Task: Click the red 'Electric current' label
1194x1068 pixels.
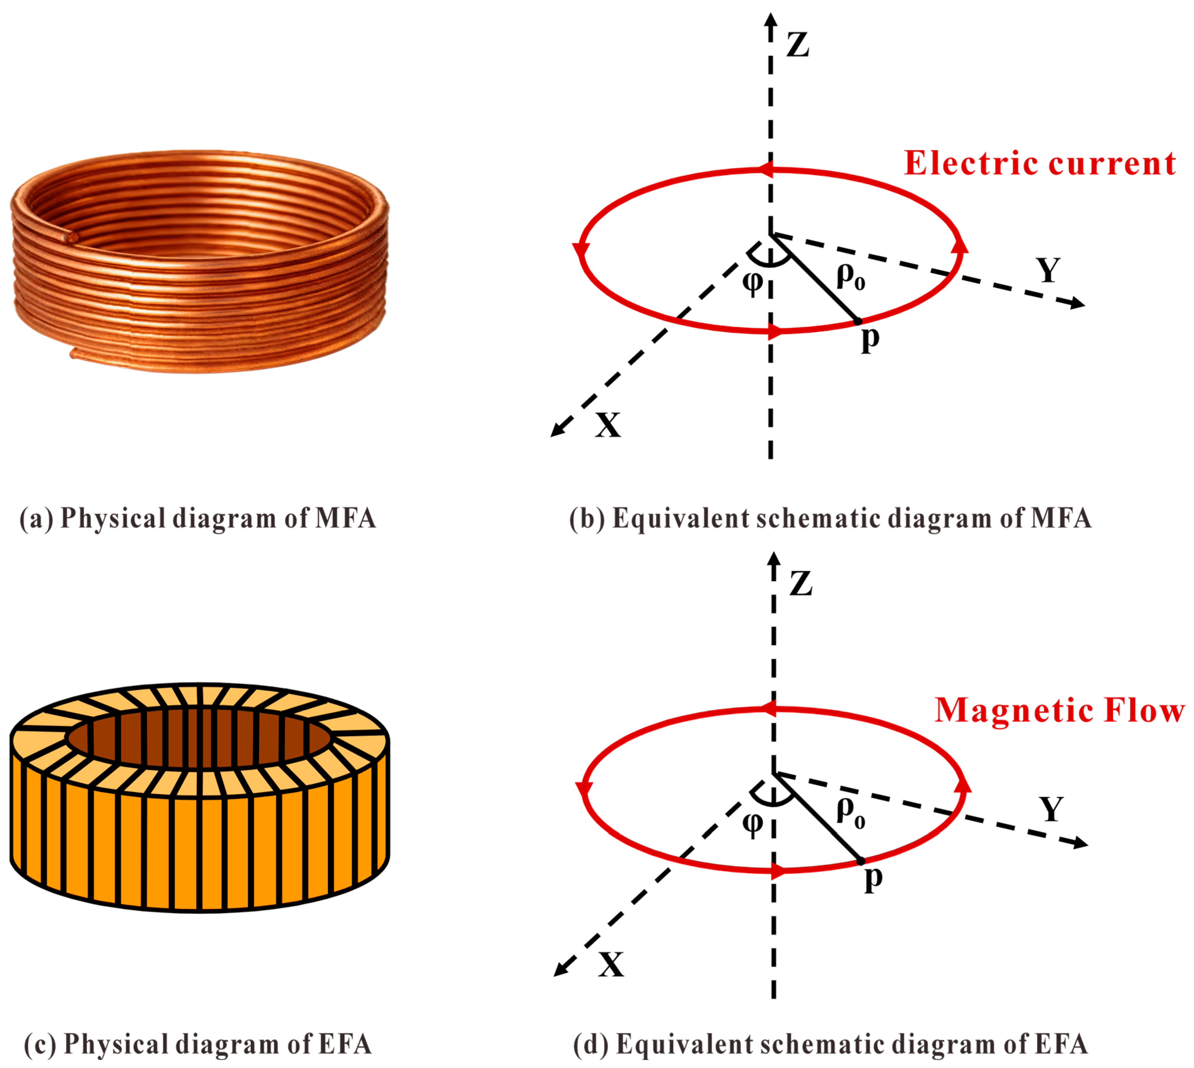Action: tap(1039, 163)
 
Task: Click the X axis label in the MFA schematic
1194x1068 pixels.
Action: tap(608, 425)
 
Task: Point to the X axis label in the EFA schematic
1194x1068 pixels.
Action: tap(610, 964)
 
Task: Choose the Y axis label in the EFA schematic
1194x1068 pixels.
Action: tap(1051, 810)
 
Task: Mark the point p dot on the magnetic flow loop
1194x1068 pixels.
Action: tap(861, 861)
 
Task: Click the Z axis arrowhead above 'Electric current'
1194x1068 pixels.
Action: tap(770, 19)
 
